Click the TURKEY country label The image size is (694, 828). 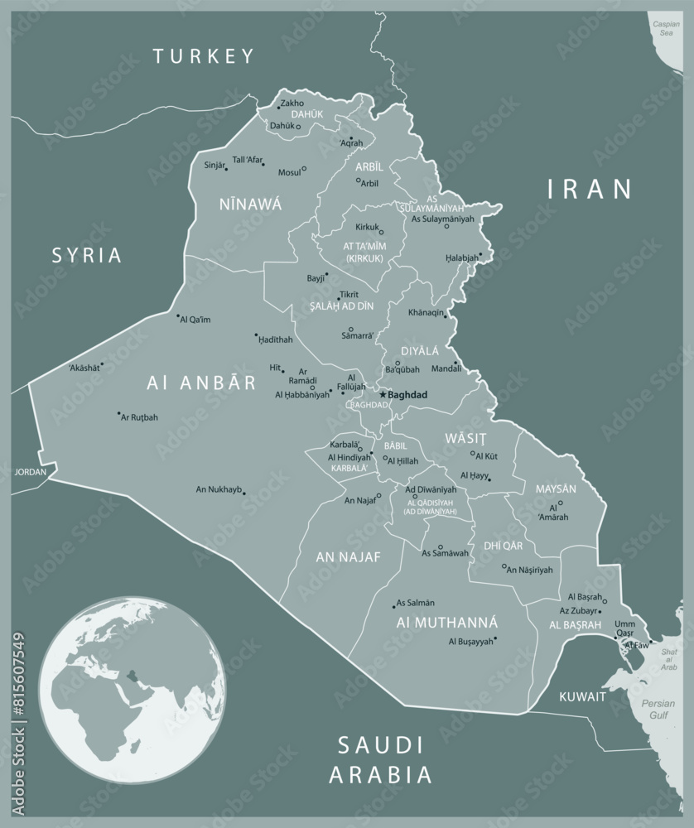203,56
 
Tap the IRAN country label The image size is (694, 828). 590,189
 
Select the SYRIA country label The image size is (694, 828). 87,255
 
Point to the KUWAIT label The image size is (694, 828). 581,696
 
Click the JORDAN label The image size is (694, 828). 31,472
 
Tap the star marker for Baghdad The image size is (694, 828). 383,395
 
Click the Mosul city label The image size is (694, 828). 289,172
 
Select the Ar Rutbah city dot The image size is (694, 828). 118,413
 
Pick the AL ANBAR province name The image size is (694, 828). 202,383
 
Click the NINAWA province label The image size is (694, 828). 250,204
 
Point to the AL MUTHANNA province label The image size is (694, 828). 446,622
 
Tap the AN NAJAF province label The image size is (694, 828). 348,557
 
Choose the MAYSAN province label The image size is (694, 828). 556,489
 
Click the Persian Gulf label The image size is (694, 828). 658,709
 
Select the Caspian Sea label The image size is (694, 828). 665,29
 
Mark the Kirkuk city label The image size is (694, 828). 366,226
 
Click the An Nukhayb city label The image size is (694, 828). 218,489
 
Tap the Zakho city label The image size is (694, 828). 292,103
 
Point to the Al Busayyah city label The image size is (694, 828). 470,641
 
